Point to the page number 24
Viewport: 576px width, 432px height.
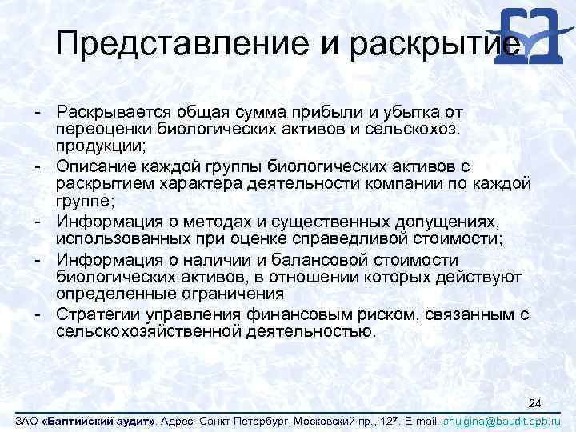536,402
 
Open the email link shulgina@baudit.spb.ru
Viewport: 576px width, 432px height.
502,421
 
